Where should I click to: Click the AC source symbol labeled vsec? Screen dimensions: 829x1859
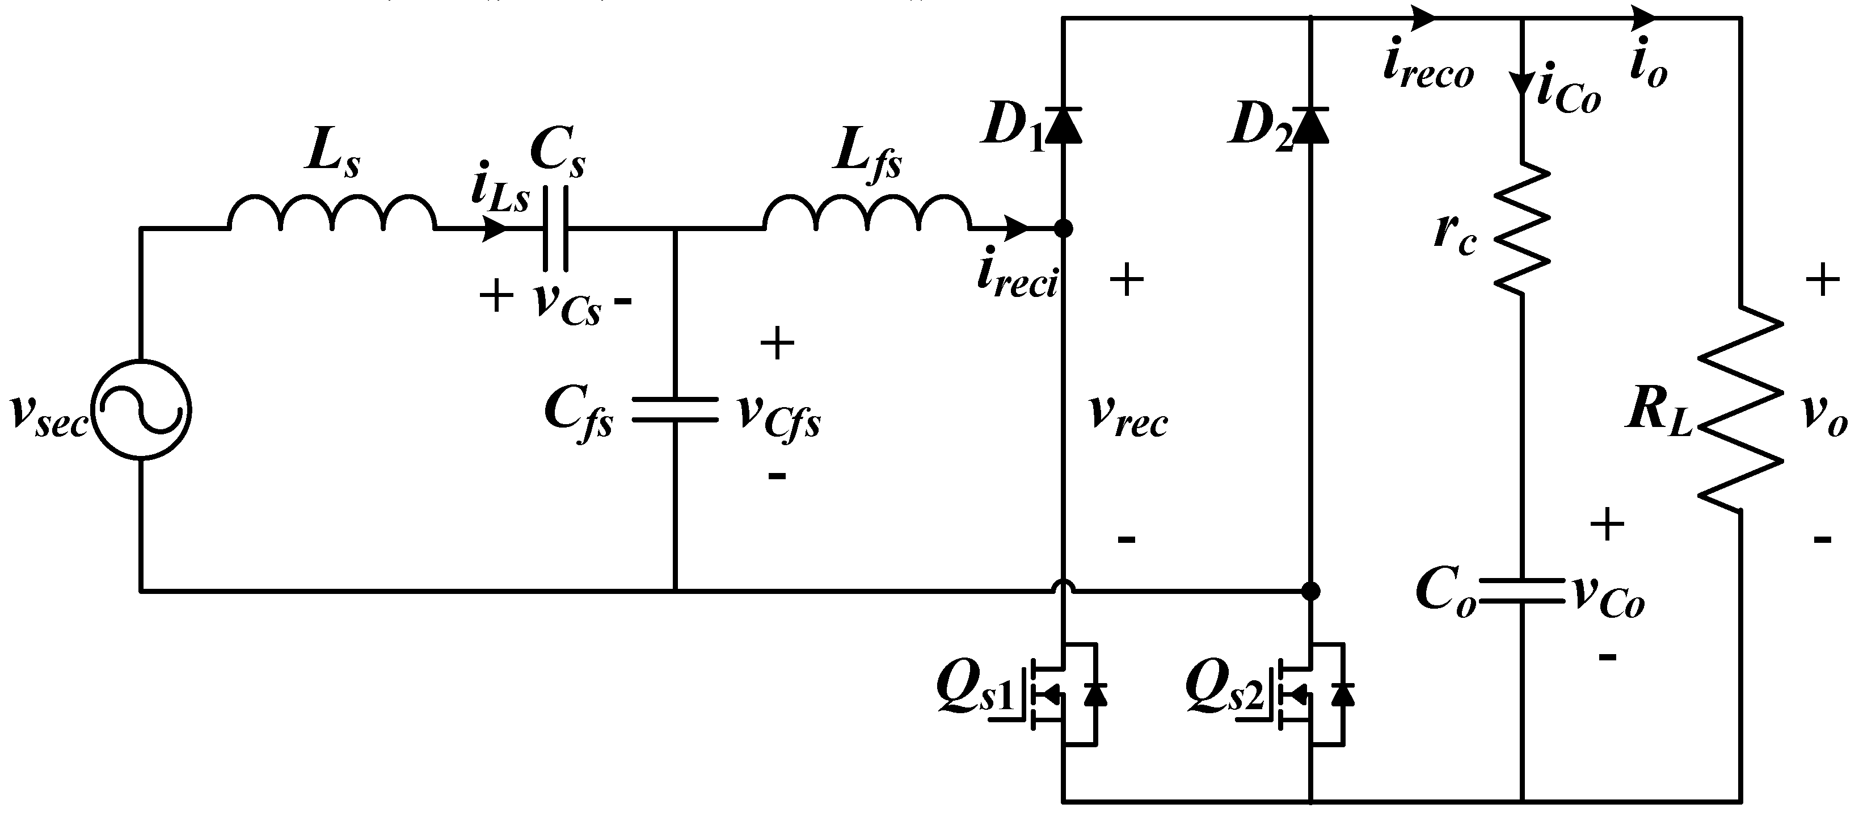pos(141,409)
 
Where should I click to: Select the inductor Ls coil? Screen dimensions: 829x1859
pos(332,213)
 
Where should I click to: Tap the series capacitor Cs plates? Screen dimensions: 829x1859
pos(555,228)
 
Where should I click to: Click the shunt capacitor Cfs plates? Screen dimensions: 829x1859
pos(675,409)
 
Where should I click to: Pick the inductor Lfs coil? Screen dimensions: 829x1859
pos(867,213)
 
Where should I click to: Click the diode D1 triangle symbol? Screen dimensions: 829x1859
pos(1063,125)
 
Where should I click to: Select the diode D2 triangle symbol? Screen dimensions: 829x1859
pos(1310,125)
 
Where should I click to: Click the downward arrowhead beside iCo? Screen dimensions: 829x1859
pos(1523,82)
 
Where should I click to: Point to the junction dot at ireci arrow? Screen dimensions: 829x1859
pos(1063,229)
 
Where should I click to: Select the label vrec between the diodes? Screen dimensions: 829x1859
pos(1128,417)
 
